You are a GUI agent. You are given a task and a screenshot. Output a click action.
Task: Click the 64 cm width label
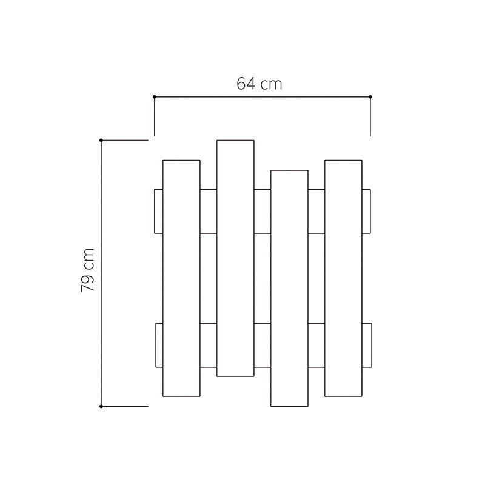click(x=259, y=84)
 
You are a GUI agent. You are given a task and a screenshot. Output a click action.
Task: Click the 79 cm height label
click(x=88, y=270)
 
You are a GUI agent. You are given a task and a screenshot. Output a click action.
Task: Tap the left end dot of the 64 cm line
click(x=155, y=97)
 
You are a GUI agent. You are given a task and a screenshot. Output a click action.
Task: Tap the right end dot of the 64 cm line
click(x=370, y=97)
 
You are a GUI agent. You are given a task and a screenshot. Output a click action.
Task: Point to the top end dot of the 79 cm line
click(x=101, y=140)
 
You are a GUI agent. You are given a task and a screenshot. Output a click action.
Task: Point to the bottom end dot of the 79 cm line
click(x=101, y=406)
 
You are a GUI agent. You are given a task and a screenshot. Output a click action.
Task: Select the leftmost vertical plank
click(x=181, y=278)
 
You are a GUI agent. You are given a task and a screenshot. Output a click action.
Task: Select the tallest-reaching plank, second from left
click(x=235, y=258)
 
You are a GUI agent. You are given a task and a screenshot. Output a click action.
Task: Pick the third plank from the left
click(x=289, y=288)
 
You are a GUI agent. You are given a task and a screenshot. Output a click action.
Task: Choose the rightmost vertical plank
click(x=343, y=278)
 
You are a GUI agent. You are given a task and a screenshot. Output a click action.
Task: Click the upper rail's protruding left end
click(x=159, y=211)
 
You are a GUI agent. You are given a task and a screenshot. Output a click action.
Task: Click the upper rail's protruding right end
click(x=366, y=211)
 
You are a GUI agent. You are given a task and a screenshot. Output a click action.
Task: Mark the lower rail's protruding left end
click(x=159, y=346)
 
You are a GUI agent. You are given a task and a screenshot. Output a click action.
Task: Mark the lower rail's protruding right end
click(x=366, y=346)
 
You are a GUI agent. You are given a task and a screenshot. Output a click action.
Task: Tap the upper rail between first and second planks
click(x=208, y=211)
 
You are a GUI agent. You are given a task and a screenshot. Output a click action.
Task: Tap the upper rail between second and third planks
click(x=262, y=211)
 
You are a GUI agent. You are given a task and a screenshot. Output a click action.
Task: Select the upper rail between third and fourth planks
click(x=316, y=211)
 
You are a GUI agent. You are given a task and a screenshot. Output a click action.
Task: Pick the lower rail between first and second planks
click(x=208, y=346)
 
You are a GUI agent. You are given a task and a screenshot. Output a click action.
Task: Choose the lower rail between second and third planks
click(x=262, y=346)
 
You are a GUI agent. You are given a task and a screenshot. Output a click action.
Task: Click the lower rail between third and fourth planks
click(x=316, y=346)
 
